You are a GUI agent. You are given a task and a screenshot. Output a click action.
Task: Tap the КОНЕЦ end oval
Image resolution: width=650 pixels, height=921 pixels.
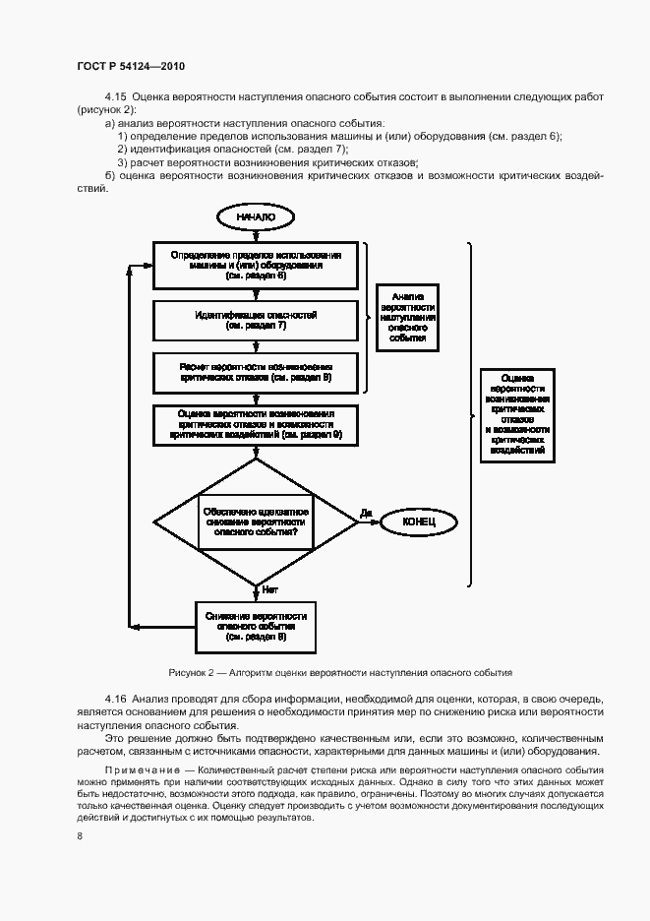tap(419, 521)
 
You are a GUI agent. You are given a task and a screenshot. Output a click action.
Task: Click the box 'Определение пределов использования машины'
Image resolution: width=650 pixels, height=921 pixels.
tap(256, 265)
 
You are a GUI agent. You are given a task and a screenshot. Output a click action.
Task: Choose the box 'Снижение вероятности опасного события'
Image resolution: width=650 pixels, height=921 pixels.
tap(256, 627)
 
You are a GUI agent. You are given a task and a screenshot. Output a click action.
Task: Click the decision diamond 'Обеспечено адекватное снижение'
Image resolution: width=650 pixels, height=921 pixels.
tap(256, 521)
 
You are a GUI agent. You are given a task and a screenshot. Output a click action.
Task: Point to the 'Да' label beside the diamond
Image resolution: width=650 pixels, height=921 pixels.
tap(365, 513)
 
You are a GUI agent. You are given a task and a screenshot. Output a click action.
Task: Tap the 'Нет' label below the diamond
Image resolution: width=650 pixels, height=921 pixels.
tap(268, 589)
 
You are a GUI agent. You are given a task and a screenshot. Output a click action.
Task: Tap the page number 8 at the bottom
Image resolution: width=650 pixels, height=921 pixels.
tap(79, 836)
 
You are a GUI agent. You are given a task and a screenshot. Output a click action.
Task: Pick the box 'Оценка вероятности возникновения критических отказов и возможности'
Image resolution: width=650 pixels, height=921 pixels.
tap(256, 424)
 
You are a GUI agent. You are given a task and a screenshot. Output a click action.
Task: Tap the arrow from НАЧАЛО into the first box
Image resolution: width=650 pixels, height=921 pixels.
tap(257, 233)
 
